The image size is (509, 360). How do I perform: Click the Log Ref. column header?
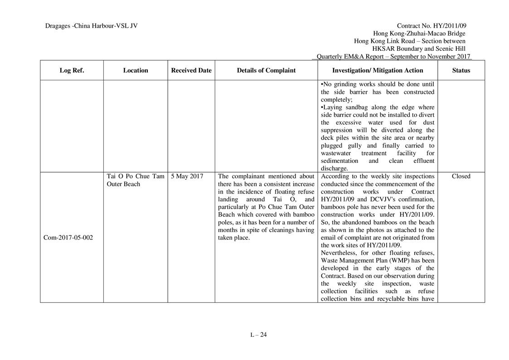(72, 70)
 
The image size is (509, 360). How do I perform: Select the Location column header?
(135, 70)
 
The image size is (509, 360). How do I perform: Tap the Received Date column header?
(191, 70)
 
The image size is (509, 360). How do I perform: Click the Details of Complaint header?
(266, 70)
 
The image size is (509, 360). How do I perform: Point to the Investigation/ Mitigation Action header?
(378, 70)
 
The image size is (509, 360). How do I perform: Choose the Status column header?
(461, 70)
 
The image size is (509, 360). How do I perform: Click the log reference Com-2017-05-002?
(68, 238)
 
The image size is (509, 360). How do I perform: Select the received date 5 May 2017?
(187, 176)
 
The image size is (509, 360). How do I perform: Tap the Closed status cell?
(461, 176)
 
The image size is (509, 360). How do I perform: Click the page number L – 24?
(258, 335)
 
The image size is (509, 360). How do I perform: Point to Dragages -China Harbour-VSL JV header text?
(91, 26)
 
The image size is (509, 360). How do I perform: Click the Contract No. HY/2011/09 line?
(431, 26)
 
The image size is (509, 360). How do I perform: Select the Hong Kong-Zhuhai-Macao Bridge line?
(419, 34)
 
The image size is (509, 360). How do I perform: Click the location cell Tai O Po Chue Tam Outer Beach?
(135, 180)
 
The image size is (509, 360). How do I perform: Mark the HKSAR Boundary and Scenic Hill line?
(418, 49)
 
